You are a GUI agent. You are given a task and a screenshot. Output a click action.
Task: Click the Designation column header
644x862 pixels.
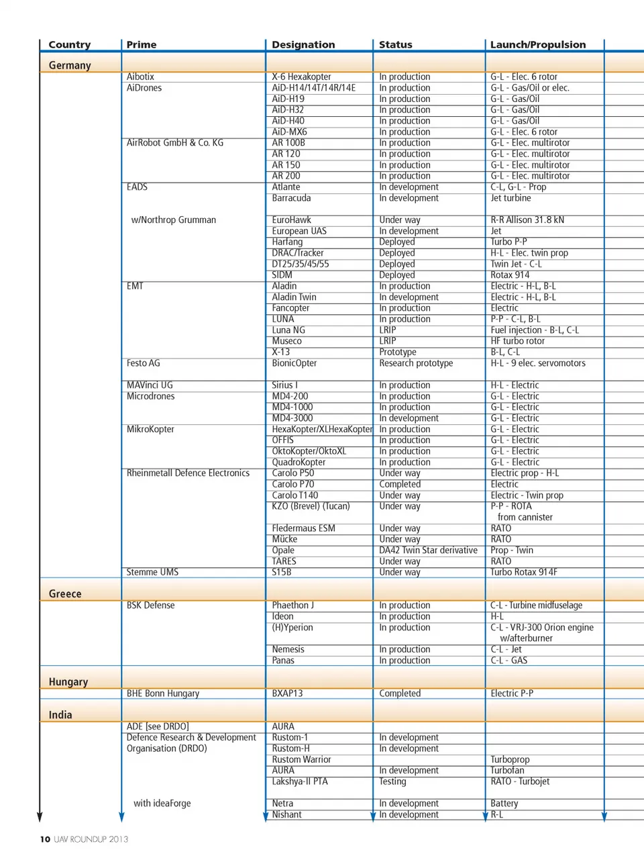point(303,45)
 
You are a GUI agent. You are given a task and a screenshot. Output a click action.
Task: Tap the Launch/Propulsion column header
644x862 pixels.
point(538,45)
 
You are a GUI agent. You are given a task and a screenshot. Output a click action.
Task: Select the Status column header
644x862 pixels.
point(396,45)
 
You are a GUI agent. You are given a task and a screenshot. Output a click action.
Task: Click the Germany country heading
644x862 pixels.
point(70,65)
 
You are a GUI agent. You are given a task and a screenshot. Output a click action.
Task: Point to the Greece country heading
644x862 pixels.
point(65,594)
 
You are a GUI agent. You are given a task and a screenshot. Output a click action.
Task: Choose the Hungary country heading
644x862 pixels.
point(68,682)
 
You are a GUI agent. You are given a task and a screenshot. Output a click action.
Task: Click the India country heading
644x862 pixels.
point(60,715)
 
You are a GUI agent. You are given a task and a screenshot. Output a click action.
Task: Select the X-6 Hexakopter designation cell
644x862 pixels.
point(301,77)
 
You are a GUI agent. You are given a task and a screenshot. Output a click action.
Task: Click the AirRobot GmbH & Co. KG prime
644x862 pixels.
point(175,143)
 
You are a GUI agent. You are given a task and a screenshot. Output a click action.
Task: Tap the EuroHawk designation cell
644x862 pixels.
point(292,220)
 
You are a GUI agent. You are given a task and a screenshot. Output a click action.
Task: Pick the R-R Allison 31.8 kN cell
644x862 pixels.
point(527,220)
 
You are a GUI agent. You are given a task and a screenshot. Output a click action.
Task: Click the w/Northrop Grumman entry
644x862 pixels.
point(174,220)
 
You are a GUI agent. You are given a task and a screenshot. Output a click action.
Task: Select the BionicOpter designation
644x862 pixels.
point(294,363)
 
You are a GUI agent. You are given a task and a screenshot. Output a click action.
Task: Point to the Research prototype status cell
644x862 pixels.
point(416,363)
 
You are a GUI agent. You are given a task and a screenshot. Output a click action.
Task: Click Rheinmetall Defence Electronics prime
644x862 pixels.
point(188,473)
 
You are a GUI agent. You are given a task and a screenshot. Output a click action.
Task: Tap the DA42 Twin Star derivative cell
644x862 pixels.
point(428,550)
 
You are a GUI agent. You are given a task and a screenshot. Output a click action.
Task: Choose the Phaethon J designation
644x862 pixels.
point(293,606)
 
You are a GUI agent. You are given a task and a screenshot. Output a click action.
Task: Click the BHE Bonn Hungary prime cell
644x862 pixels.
point(163,693)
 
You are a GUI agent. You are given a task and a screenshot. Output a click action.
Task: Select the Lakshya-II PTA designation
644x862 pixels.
point(300,781)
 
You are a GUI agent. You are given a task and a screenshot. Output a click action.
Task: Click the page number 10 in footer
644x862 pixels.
point(45,839)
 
